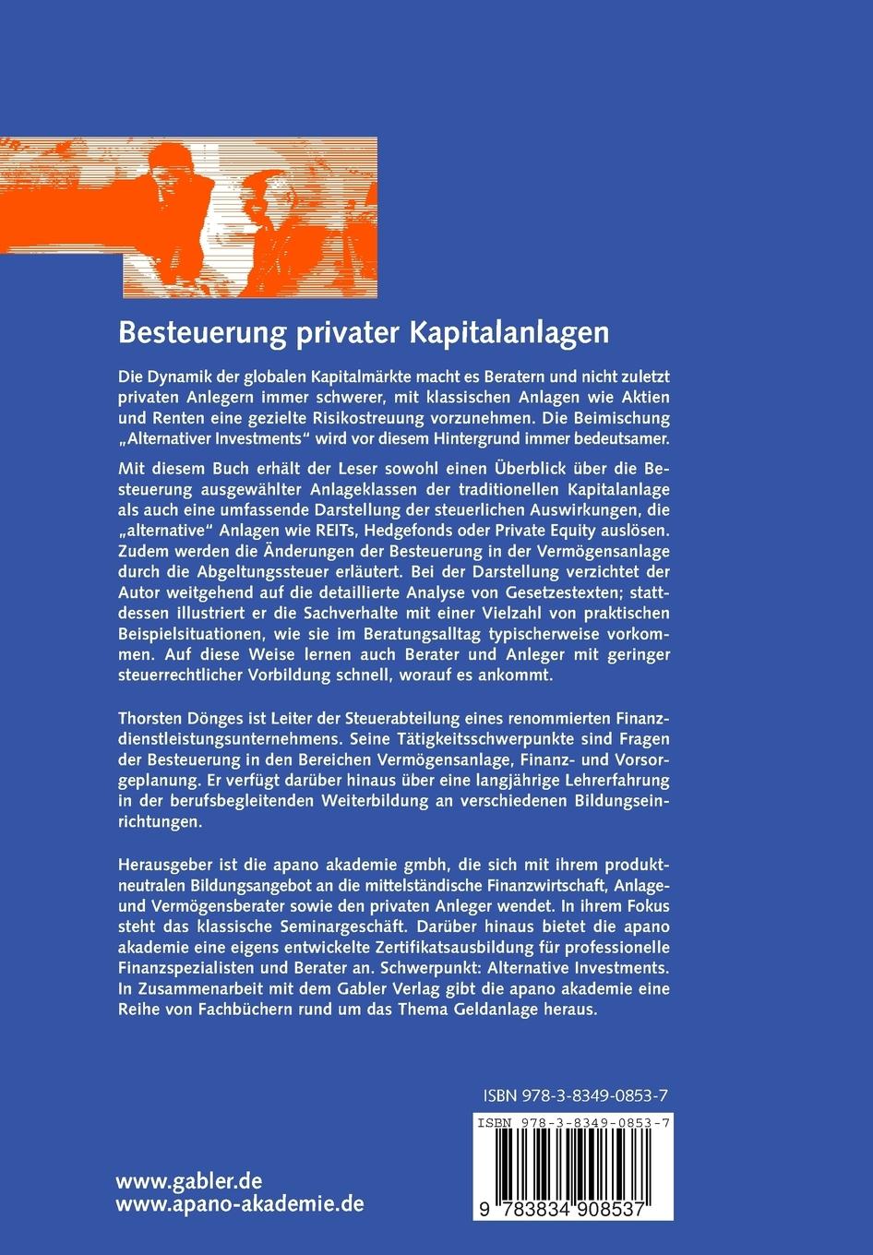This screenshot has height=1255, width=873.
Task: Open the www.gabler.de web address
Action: tap(189, 1182)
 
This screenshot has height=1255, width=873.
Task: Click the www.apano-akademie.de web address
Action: tap(240, 1204)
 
